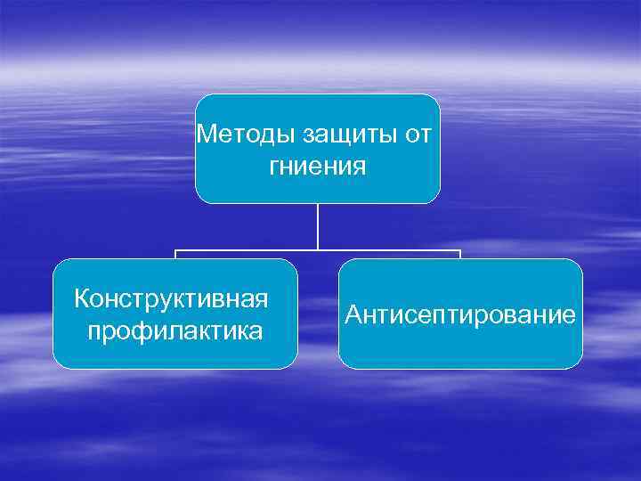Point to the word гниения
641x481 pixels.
(x=318, y=166)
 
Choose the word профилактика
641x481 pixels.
(x=174, y=331)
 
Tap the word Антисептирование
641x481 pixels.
(x=460, y=314)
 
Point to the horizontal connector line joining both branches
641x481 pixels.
(x=249, y=250)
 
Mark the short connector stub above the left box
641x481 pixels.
(x=174, y=255)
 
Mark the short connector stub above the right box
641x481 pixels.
(x=460, y=255)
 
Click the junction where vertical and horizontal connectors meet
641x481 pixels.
(x=318, y=250)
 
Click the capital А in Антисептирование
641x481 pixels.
(x=354, y=314)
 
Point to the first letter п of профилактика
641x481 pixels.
(x=95, y=332)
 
